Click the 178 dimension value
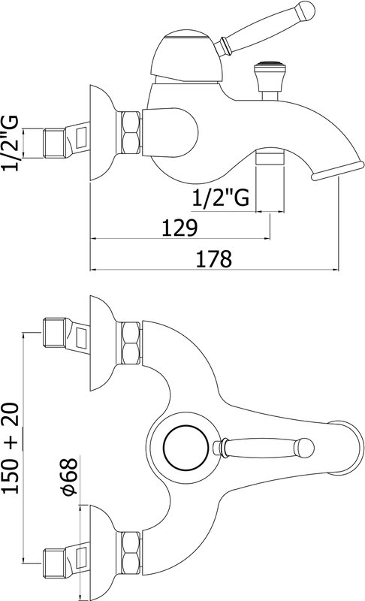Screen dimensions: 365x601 pos(214,258)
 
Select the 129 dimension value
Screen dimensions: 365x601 pos(179,228)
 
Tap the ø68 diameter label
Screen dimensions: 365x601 pos(70,476)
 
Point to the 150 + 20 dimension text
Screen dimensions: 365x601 pos(11,448)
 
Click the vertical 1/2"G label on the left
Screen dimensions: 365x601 pos(10,143)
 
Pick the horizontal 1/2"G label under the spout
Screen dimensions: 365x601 pos(220,198)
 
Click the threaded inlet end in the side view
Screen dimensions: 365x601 pos(54,143)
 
